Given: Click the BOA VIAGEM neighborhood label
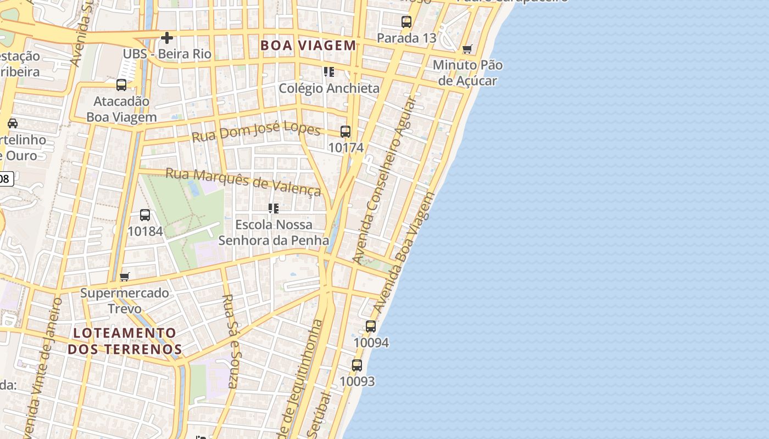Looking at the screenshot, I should (x=308, y=45).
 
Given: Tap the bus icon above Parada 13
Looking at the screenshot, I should (x=406, y=22).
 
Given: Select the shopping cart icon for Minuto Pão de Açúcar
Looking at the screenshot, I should (x=467, y=49).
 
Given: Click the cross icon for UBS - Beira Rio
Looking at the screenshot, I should (x=167, y=38).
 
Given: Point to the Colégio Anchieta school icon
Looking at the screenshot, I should (x=329, y=72).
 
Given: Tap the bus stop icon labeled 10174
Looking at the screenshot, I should (x=346, y=132).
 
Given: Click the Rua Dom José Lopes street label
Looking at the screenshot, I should (x=256, y=132).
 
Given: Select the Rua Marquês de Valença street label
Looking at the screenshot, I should (x=243, y=181).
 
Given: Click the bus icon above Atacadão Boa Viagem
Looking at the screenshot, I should (x=121, y=85).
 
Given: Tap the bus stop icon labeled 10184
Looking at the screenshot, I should (x=145, y=215).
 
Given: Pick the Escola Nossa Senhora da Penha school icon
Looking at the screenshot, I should (x=274, y=209).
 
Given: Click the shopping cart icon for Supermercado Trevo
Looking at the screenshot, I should (x=125, y=277).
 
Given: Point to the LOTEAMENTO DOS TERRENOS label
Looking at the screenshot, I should (x=125, y=341).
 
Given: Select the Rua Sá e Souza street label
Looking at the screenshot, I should (x=231, y=341).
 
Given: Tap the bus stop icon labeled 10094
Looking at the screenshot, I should (x=371, y=327).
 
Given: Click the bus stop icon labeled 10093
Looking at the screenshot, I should (x=357, y=365).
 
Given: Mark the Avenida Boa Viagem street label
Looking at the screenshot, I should (x=404, y=252).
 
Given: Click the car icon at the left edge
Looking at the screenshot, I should (x=12, y=123).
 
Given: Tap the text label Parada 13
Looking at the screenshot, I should (x=406, y=38).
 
